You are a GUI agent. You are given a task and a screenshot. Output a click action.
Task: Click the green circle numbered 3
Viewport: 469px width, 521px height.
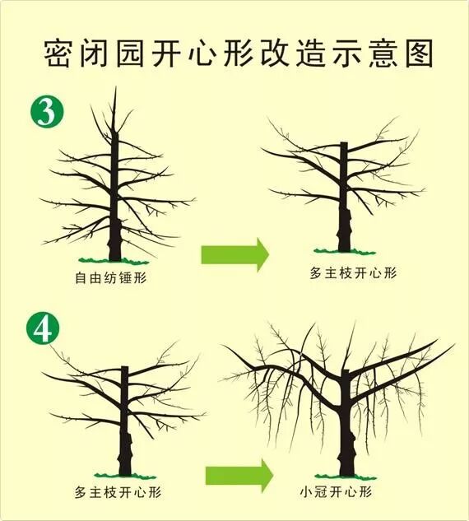[47, 112]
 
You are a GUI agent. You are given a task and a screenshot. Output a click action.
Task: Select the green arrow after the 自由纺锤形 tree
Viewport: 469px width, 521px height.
[235, 254]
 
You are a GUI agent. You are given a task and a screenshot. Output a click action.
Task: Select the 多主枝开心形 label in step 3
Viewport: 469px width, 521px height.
[352, 272]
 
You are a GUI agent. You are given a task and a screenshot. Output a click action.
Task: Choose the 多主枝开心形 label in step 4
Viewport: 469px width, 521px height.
[118, 492]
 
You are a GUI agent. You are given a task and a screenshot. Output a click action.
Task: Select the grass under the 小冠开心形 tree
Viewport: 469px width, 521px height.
[346, 477]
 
